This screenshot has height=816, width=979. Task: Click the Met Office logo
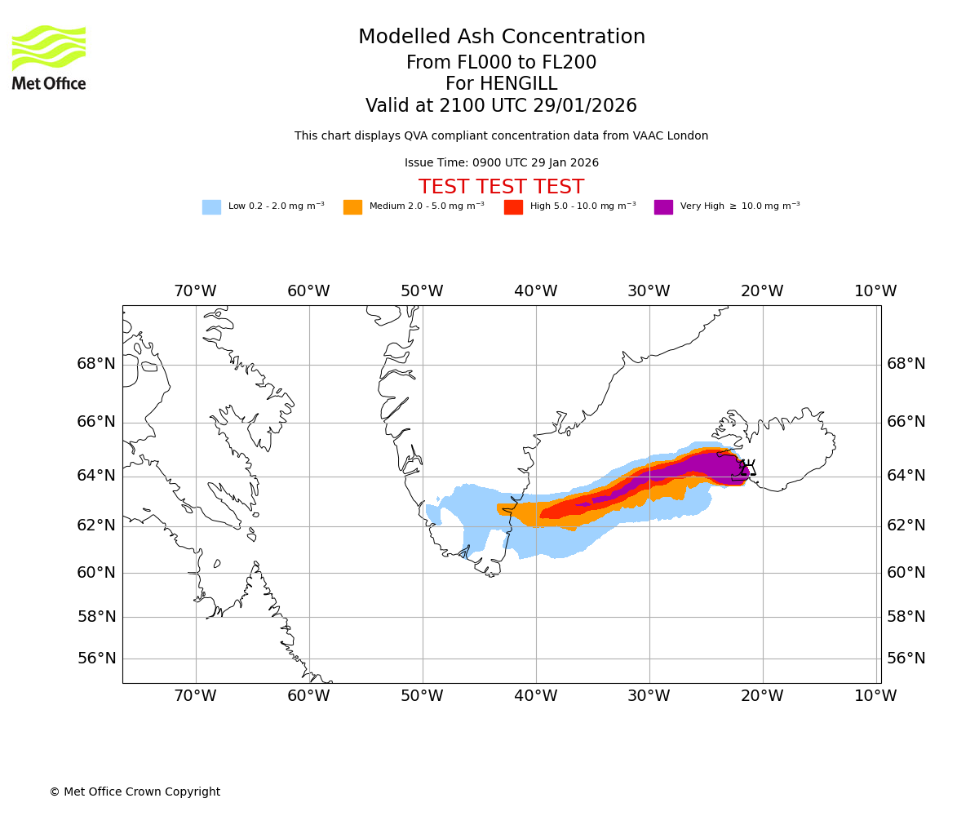[49, 57]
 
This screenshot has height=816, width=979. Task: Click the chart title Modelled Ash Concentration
[501, 38]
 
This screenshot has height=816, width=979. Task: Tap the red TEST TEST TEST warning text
[501, 188]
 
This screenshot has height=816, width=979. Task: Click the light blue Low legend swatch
[211, 207]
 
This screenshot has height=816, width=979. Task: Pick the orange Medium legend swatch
[352, 207]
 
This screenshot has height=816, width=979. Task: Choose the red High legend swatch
[513, 207]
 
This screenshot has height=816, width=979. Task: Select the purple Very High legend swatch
[663, 207]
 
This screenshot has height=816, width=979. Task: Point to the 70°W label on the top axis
[195, 291]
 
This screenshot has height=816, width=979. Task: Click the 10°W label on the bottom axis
[875, 696]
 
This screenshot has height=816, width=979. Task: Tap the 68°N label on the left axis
[96, 364]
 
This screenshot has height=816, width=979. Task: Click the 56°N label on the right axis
[906, 659]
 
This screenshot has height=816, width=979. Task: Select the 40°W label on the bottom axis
[536, 696]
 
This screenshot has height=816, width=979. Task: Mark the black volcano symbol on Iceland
[744, 468]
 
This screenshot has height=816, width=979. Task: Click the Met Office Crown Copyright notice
[135, 792]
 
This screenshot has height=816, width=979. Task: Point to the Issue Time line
[501, 163]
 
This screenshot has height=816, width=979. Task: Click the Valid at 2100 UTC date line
[501, 106]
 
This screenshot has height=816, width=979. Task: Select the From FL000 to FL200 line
[501, 63]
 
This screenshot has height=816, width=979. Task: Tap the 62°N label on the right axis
[906, 526]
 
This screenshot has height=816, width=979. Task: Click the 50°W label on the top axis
[422, 291]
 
